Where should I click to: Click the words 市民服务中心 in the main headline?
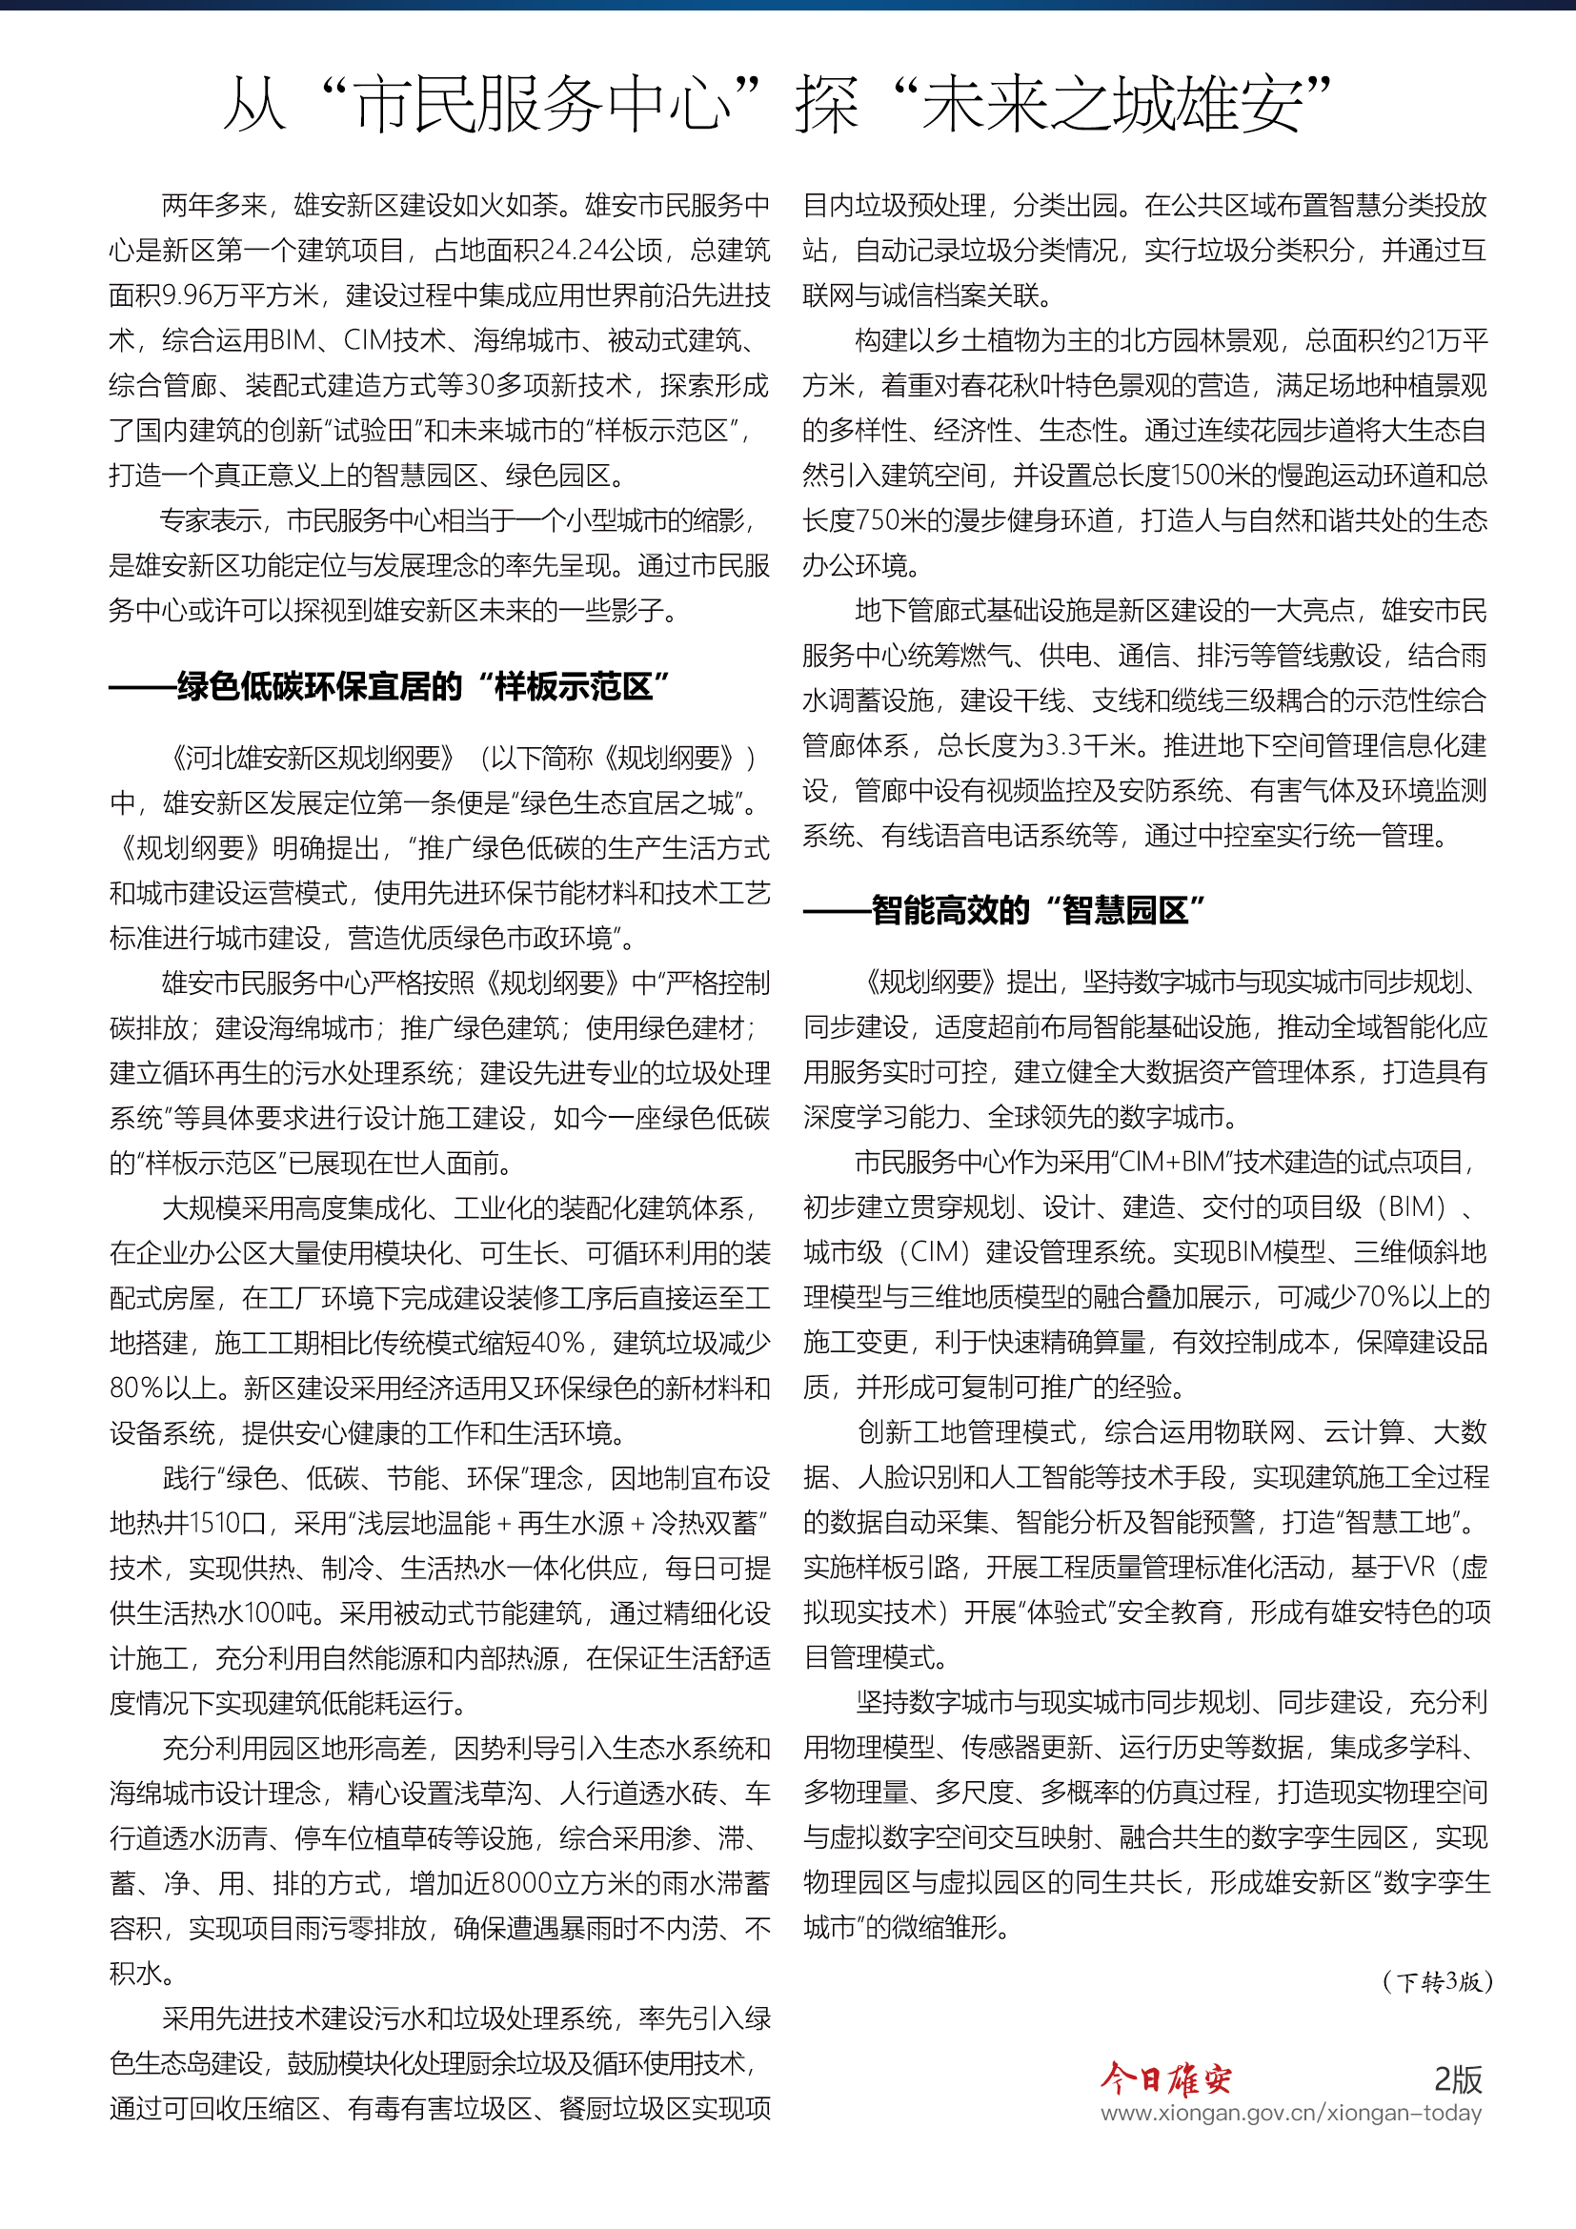(541, 105)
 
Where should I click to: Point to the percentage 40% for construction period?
(557, 1343)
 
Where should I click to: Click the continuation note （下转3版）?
(1437, 1982)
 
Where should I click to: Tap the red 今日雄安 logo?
(1165, 2078)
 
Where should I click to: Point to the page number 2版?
(1458, 2078)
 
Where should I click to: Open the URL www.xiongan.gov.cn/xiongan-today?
(1291, 2114)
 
